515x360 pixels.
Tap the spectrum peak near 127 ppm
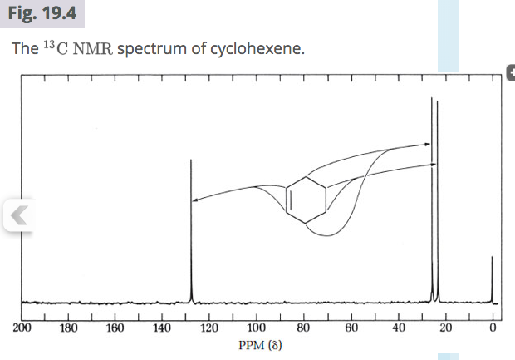point(192,233)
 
